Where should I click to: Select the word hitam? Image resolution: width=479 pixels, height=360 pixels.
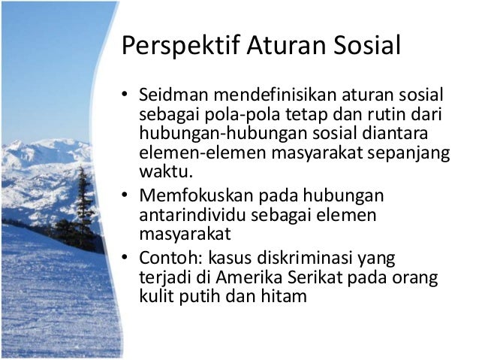(286, 295)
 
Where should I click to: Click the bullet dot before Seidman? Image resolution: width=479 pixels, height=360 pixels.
(127, 97)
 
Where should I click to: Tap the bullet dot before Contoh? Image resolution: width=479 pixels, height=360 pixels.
(127, 259)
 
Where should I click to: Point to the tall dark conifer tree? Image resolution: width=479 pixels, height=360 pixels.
(83, 203)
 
